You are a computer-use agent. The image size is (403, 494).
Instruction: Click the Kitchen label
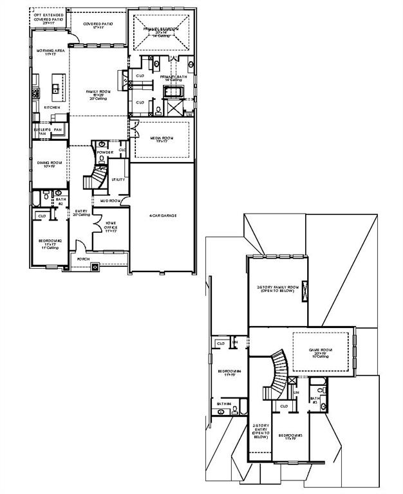(x=52, y=107)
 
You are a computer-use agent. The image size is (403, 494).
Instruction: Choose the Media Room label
(x=162, y=139)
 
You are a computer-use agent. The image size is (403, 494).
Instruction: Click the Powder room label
(x=106, y=152)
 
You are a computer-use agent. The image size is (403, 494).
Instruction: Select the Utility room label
(x=118, y=179)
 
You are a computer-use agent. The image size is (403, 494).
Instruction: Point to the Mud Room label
(x=110, y=201)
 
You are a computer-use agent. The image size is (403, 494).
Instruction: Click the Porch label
(x=84, y=259)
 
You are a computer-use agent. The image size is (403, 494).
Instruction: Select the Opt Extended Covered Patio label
(x=49, y=17)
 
